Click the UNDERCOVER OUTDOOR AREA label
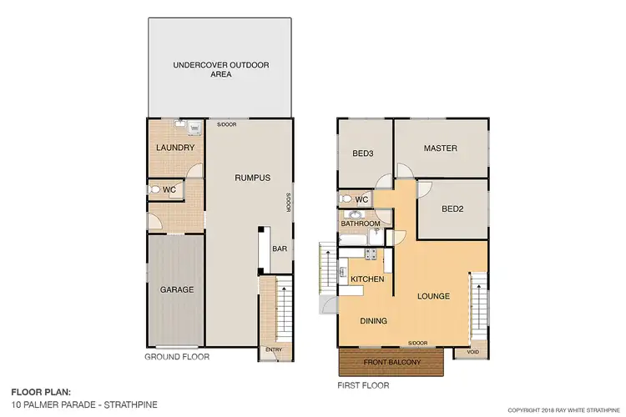pos(220,68)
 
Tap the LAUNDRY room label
pos(176,148)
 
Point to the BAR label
pos(279,249)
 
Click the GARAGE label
pos(176,289)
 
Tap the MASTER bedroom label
pos(440,148)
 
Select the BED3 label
pos(362,153)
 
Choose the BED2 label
pos(452,208)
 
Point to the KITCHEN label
pos(366,279)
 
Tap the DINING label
pos(373,319)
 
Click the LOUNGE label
pos(434,296)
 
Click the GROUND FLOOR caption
pos(176,357)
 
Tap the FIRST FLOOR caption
pos(363,385)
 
